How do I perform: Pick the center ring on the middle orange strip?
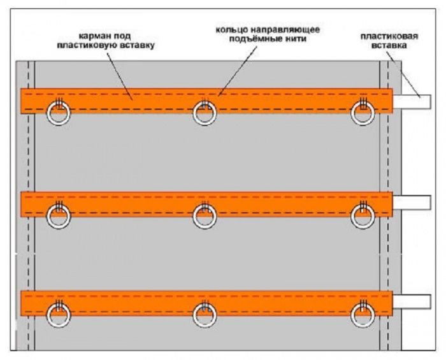click(x=205, y=216)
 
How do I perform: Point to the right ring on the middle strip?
click(x=364, y=216)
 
